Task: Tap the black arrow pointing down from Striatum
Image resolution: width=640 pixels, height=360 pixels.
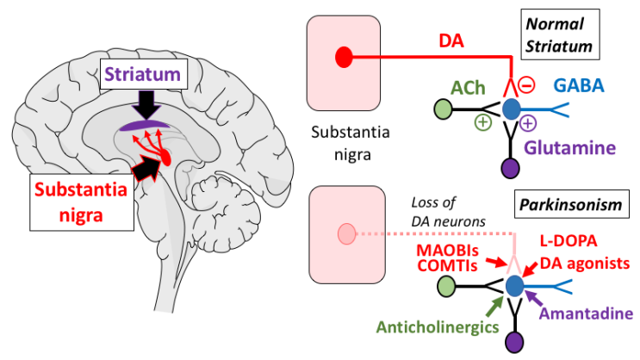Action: point(148,105)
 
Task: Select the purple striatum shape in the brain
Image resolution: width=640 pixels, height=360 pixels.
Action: point(145,127)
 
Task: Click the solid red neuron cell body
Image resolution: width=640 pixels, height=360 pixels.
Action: point(343,59)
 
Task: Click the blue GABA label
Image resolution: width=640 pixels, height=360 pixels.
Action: point(579,84)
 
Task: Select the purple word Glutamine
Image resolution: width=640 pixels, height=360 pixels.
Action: point(577,147)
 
